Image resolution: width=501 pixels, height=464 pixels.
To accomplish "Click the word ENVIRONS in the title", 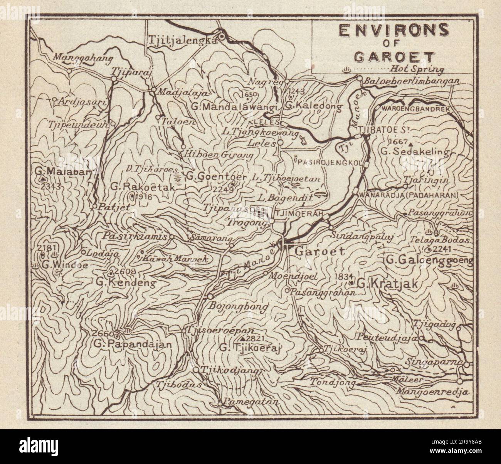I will pyautogui.click(x=393, y=30).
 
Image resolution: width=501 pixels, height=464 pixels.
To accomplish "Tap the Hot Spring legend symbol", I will pyautogui.click(x=346, y=70).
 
